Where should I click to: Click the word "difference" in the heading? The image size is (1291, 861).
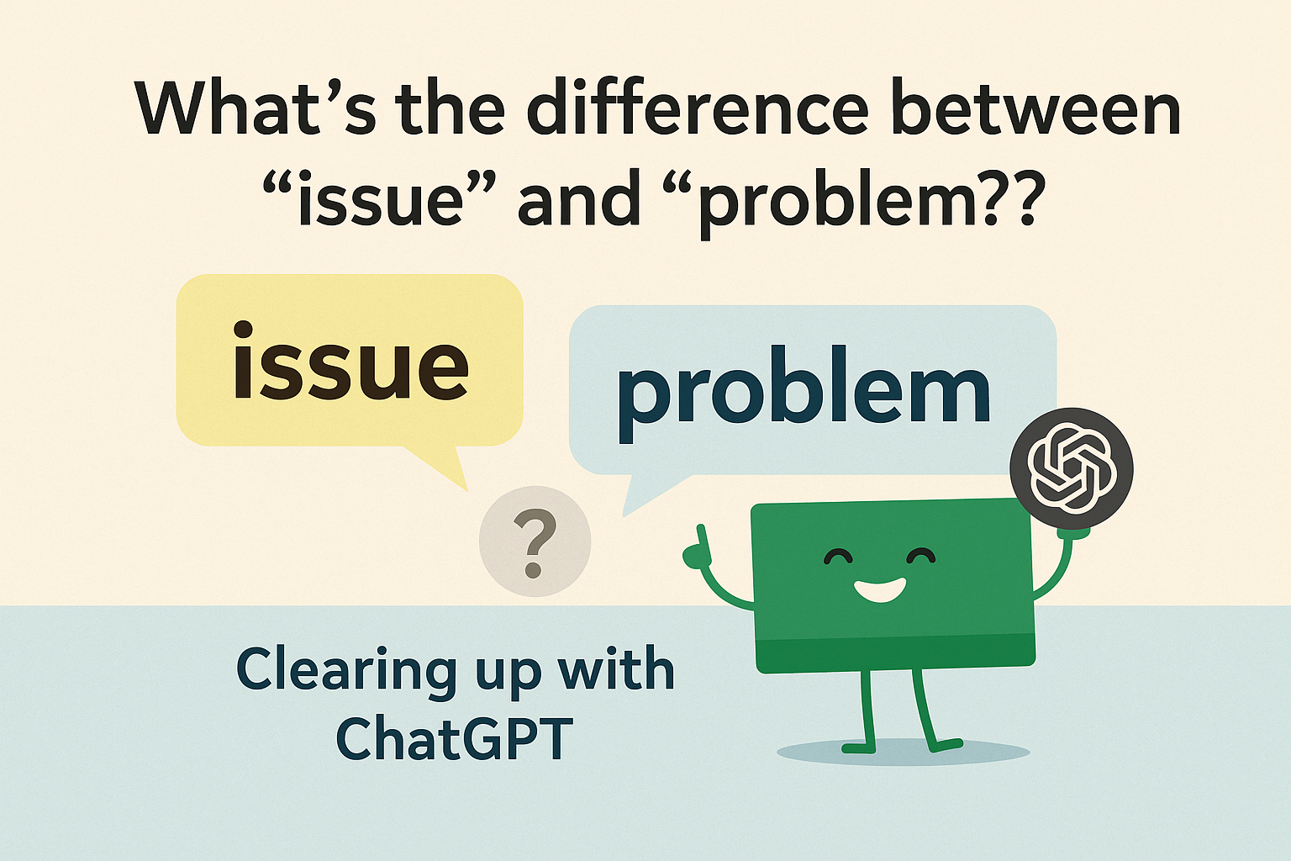click(697, 109)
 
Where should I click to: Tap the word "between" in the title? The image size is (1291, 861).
click(1035, 109)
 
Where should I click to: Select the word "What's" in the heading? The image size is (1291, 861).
click(256, 109)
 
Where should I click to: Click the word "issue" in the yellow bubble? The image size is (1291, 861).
click(350, 362)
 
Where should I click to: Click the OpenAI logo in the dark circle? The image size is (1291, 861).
click(1072, 467)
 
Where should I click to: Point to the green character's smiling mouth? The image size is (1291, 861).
click(879, 591)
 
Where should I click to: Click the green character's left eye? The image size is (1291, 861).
click(838, 557)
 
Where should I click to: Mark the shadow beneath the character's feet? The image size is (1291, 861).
click(904, 752)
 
